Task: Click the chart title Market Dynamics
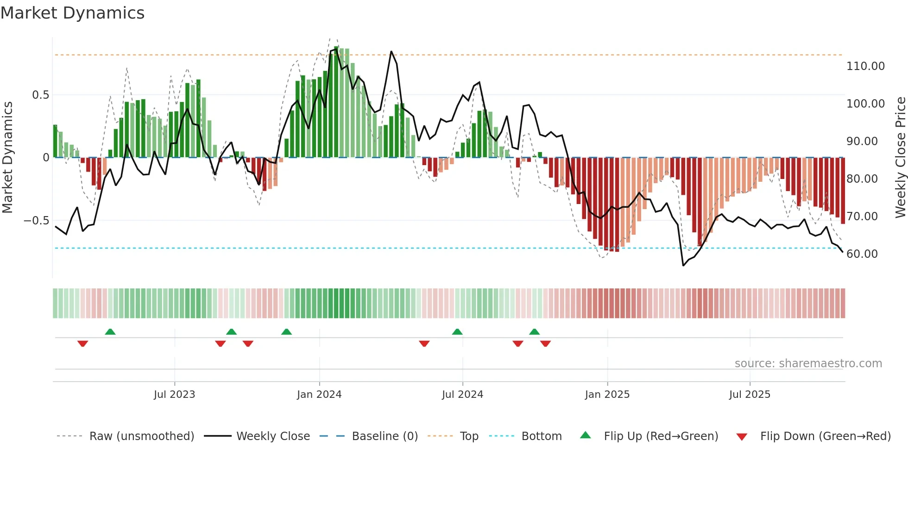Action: (x=72, y=13)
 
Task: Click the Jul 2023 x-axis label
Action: (x=174, y=395)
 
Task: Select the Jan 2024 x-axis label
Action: (x=319, y=395)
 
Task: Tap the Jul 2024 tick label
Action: (x=462, y=395)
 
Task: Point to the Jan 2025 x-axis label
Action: (x=607, y=395)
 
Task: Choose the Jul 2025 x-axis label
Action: (x=750, y=395)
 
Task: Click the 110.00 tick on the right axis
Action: (x=865, y=66)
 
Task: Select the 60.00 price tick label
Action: (x=862, y=254)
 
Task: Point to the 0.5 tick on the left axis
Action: (x=40, y=95)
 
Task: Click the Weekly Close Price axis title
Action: (x=900, y=158)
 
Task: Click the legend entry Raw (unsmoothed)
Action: (x=141, y=436)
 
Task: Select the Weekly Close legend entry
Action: (x=273, y=436)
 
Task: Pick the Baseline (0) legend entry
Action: (x=385, y=436)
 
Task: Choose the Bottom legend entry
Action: (x=541, y=436)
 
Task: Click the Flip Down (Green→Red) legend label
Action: (x=825, y=436)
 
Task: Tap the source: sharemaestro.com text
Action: (x=808, y=364)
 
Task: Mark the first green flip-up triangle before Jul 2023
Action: (x=110, y=332)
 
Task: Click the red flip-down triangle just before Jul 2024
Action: (x=424, y=344)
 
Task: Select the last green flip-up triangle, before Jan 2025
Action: (x=534, y=332)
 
